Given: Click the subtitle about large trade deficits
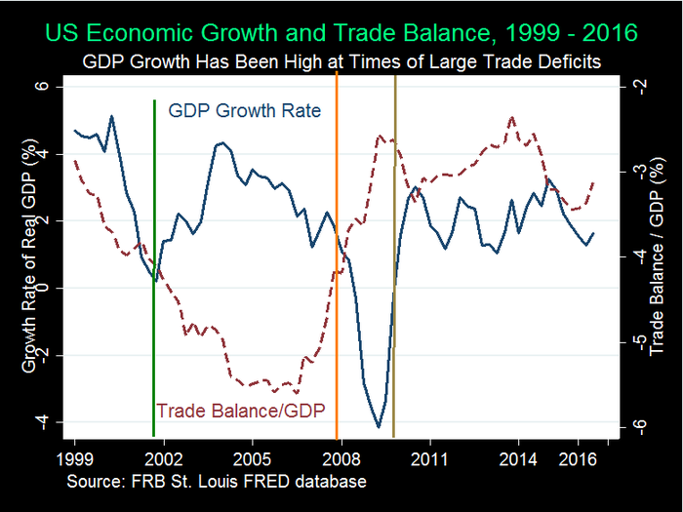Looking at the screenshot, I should (341, 61).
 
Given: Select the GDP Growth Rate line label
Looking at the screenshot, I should (244, 110).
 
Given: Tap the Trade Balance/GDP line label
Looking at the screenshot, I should (240, 410).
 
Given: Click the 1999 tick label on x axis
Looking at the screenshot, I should (74, 457).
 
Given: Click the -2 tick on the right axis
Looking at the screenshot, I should (637, 86).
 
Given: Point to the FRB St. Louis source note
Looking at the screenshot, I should (217, 483).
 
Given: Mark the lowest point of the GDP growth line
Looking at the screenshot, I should (379, 426).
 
